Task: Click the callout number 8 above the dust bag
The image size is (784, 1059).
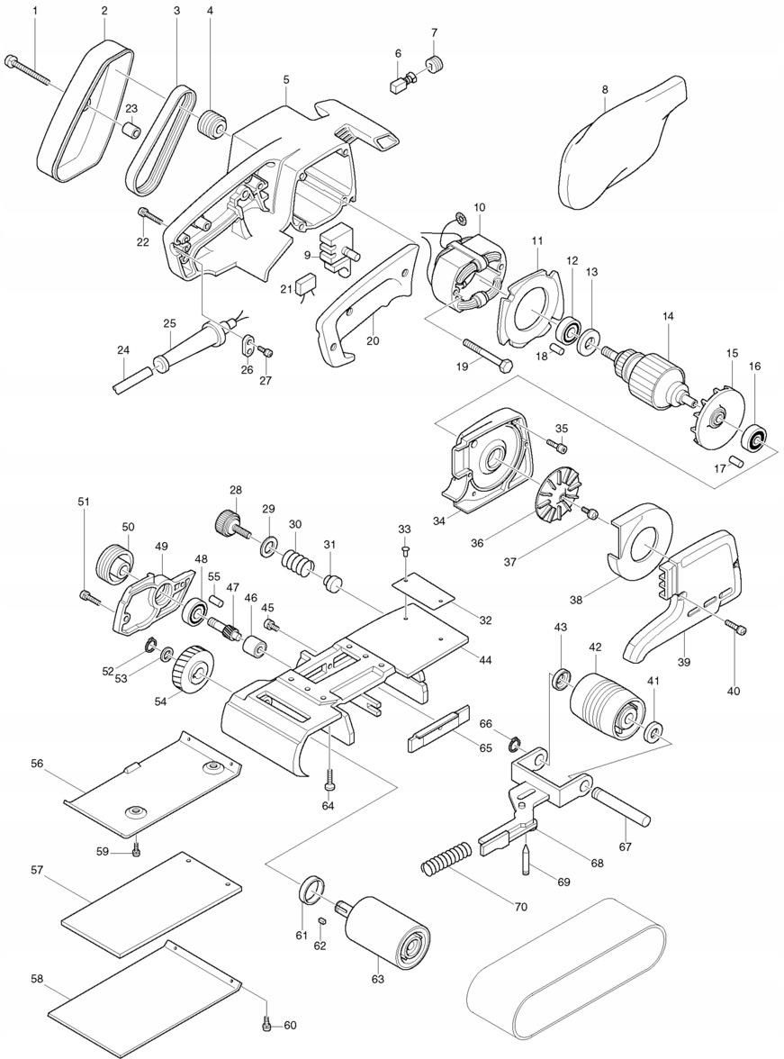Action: [x=604, y=89]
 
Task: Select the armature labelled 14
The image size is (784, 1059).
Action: [x=648, y=371]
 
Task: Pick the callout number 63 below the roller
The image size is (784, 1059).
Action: [x=377, y=979]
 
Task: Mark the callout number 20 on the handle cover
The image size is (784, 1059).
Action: [x=373, y=341]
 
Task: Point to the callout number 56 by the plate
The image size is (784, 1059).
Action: [x=37, y=764]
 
